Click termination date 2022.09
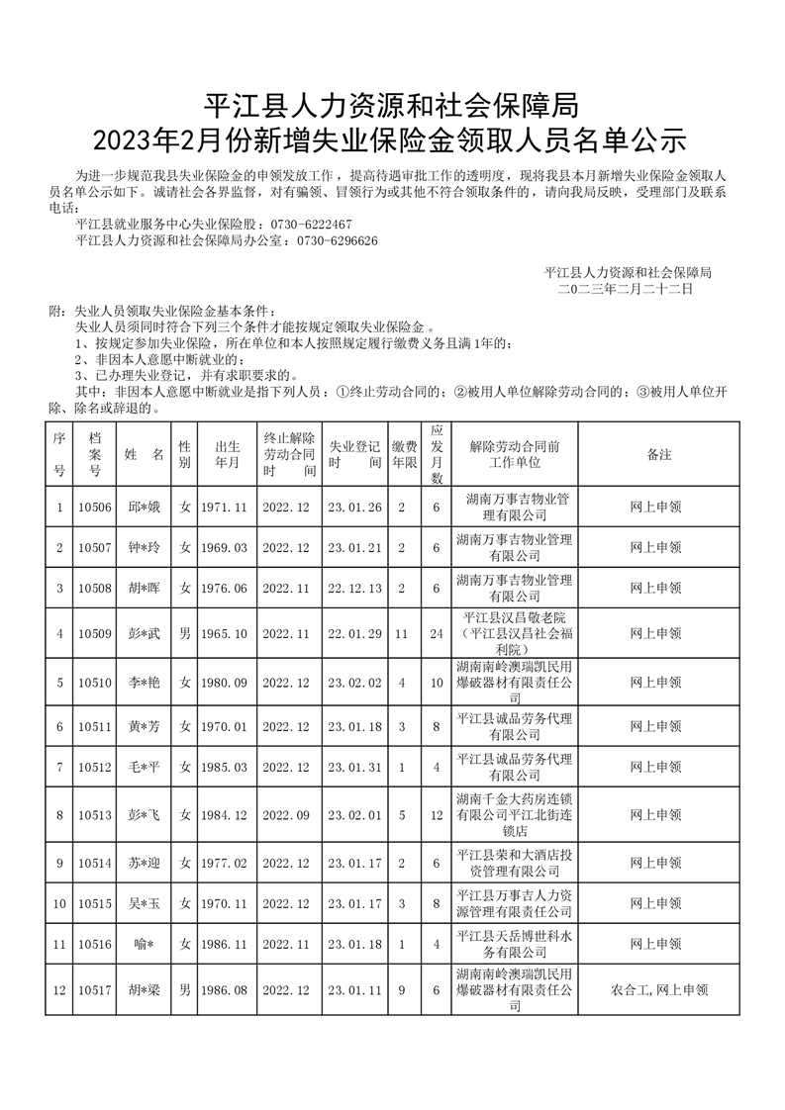tap(286, 815)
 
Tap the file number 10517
tap(95, 987)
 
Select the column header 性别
tap(184, 455)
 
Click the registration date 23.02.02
tap(353, 683)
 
